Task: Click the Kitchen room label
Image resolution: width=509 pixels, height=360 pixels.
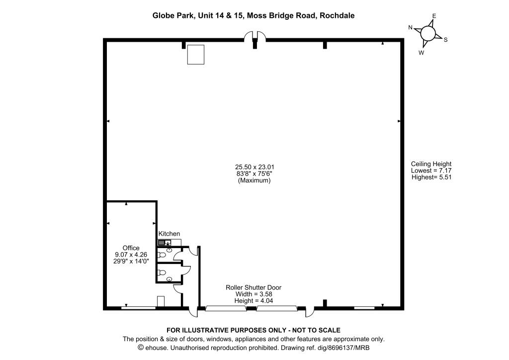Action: pyautogui.click(x=169, y=234)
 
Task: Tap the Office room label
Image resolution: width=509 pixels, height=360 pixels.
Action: pyautogui.click(x=131, y=248)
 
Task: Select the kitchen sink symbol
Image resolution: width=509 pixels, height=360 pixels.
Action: pyautogui.click(x=165, y=242)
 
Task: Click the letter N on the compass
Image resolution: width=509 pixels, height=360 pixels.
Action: pyautogui.click(x=410, y=27)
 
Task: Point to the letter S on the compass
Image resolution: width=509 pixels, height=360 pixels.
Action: pyautogui.click(x=446, y=40)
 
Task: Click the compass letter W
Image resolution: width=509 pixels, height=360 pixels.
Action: pyautogui.click(x=422, y=53)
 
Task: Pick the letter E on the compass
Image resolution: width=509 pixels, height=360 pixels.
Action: pyautogui.click(x=434, y=16)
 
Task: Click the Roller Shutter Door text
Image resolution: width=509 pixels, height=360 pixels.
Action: pyautogui.click(x=254, y=287)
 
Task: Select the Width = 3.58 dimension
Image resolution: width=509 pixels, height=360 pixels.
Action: pyautogui.click(x=254, y=294)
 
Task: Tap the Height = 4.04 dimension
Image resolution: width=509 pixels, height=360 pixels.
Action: pyautogui.click(x=254, y=301)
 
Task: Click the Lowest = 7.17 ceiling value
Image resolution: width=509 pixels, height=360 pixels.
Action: pyautogui.click(x=431, y=171)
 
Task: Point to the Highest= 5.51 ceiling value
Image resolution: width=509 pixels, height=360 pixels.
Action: pyautogui.click(x=431, y=177)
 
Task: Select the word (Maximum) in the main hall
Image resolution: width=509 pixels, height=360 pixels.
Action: pyautogui.click(x=254, y=180)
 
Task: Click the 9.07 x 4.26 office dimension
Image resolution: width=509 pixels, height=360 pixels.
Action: pyautogui.click(x=131, y=255)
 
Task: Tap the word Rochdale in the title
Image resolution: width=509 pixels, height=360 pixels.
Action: pyautogui.click(x=337, y=15)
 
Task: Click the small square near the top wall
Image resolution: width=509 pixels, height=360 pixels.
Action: pyautogui.click(x=196, y=55)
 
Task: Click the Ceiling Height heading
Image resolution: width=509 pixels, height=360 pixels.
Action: pyautogui.click(x=431, y=164)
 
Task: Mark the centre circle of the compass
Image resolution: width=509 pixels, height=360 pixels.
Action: pyautogui.click(x=428, y=33)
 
